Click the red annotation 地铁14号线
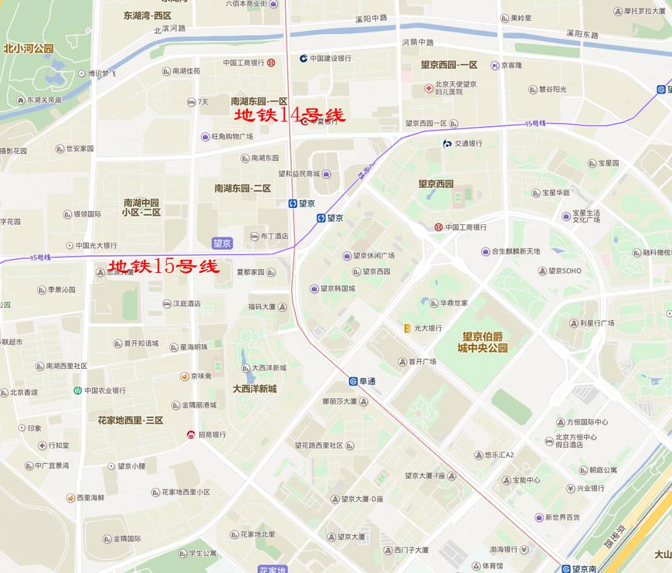pyautogui.click(x=290, y=115)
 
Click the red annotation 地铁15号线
pyautogui.click(x=164, y=268)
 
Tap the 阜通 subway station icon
pyautogui.click(x=353, y=380)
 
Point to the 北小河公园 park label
pyautogui.click(x=29, y=48)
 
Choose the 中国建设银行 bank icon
pyautogui.click(x=304, y=58)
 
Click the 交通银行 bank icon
pyautogui.click(x=446, y=143)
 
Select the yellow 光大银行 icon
pyautogui.click(x=407, y=328)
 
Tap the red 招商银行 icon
pyautogui.click(x=191, y=435)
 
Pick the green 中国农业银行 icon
pyautogui.click(x=78, y=391)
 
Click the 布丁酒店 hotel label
pyautogui.click(x=274, y=236)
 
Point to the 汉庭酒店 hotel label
pyautogui.click(x=186, y=304)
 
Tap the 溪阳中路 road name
pyautogui.click(x=371, y=18)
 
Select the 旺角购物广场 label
pyautogui.click(x=232, y=136)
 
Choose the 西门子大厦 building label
pyautogui.click(x=411, y=550)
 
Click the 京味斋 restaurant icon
pyautogui.click(x=185, y=376)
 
